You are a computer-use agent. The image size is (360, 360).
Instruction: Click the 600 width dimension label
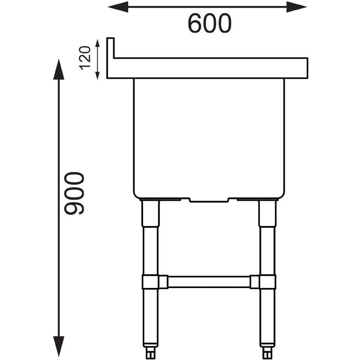coord(209,23)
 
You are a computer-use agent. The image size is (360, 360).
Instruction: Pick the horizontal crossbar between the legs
coord(209,282)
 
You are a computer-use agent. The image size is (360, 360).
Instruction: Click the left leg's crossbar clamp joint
coord(151,282)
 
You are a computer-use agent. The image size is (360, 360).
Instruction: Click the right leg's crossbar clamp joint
coord(267,282)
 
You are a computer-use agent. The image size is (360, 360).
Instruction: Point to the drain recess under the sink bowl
coord(209,199)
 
